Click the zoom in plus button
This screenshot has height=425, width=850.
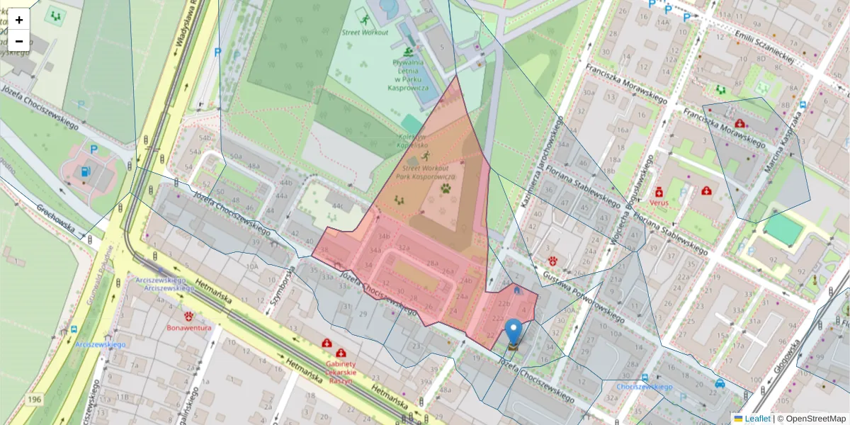tap(19, 20)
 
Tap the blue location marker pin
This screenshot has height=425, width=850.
tap(513, 332)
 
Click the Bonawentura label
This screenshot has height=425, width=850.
tap(188, 327)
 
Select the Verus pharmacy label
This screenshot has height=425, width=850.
tap(658, 202)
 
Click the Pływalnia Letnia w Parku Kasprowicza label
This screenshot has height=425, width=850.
tap(408, 75)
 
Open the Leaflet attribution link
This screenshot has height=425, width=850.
tap(757, 419)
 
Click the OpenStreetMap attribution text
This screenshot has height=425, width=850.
tap(815, 419)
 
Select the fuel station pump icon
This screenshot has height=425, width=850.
tap(86, 171)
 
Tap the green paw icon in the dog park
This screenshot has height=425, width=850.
tap(446, 189)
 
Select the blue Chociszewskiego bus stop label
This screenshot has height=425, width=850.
tap(644, 387)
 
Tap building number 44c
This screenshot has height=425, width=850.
tap(339, 206)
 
